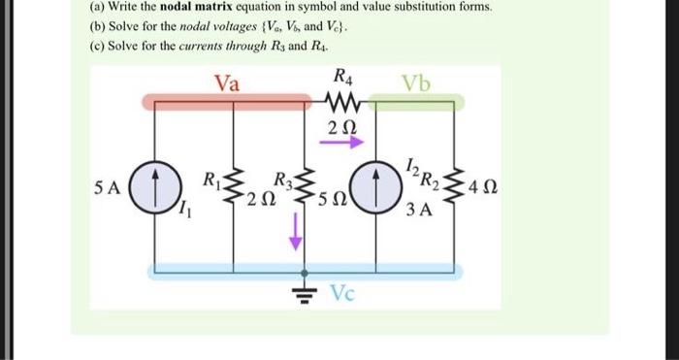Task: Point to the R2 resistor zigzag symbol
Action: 452,186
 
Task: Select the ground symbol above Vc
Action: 307,289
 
